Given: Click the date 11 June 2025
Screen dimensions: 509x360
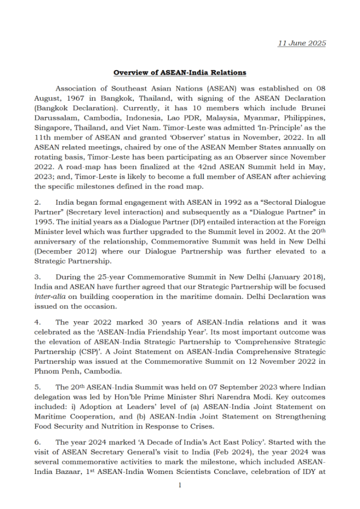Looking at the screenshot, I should click(302, 43).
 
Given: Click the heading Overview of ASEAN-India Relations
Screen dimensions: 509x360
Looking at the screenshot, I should click(180, 73).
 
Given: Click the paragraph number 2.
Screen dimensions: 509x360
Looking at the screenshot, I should click(37, 203).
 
